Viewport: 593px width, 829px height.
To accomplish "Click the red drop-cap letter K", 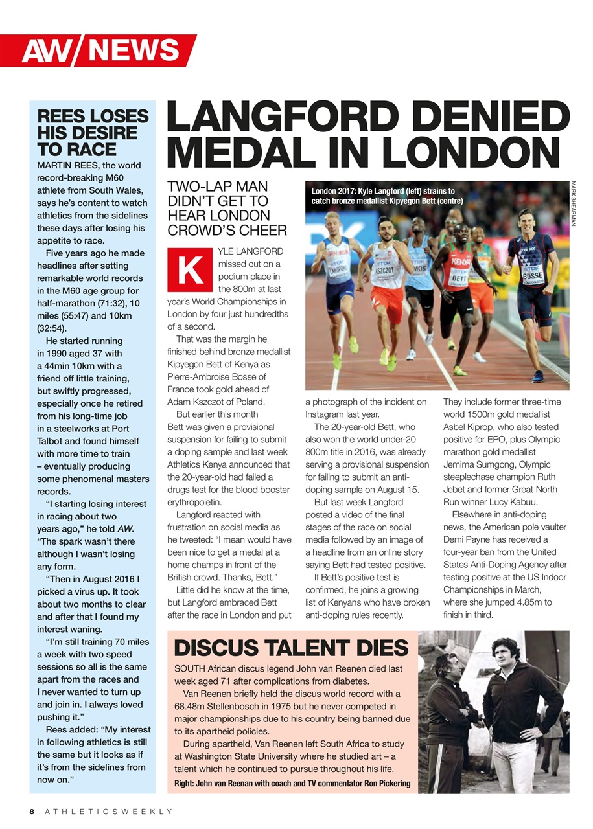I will [x=190, y=270].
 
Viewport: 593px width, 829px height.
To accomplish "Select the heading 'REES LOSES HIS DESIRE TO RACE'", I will [x=93, y=133].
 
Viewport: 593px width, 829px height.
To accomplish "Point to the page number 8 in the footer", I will [x=31, y=812].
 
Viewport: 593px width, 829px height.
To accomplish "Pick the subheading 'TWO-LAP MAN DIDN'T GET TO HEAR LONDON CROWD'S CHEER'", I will [x=227, y=208].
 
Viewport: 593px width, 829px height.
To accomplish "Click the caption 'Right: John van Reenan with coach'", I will [x=292, y=784].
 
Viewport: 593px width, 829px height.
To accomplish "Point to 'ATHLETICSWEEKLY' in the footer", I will [x=109, y=812].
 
